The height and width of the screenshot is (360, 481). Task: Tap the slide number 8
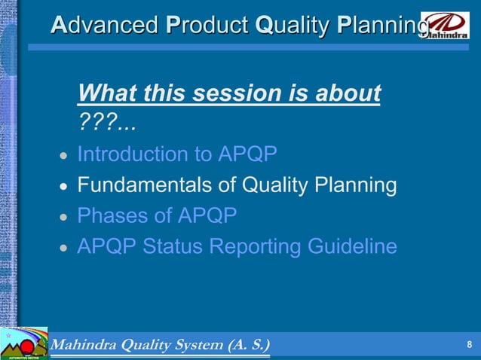(469, 346)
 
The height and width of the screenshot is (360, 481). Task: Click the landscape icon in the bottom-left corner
(23, 345)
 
